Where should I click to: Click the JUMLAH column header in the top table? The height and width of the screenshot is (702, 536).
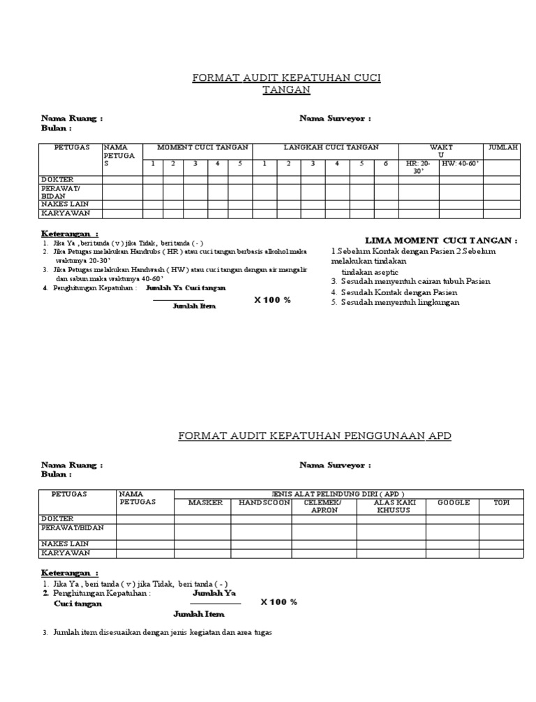[502, 147]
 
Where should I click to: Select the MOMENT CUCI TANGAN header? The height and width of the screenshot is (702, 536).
[198, 147]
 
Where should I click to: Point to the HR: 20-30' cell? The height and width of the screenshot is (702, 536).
[419, 167]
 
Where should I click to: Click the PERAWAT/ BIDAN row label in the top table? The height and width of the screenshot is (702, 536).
[61, 192]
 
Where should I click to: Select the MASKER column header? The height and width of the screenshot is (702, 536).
[205, 502]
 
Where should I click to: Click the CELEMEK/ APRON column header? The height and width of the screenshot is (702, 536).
[325, 506]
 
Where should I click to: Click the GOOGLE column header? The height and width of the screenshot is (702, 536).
[454, 502]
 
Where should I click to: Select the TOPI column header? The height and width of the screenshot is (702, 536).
[501, 502]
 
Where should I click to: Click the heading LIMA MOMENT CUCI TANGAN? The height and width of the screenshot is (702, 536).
[442, 240]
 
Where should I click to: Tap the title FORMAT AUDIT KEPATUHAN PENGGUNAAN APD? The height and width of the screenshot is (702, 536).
[315, 435]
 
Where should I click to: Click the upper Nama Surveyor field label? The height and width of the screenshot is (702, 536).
[335, 119]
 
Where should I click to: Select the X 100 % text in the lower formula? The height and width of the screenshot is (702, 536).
[278, 602]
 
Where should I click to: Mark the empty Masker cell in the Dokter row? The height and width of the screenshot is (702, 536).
[202, 518]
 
